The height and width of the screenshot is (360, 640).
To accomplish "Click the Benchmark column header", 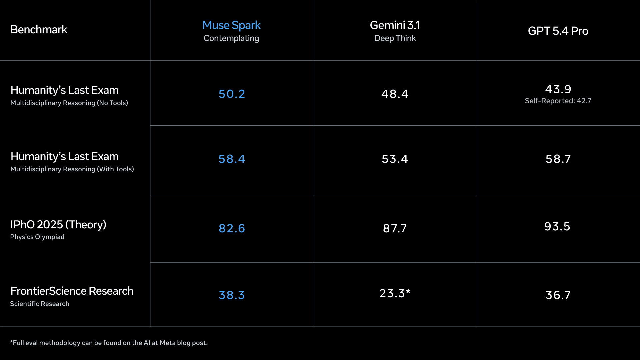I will pos(39,30).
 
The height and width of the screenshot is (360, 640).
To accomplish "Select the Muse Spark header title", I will pos(231,25).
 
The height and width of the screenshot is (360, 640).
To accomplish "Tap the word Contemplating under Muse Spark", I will pos(231,38).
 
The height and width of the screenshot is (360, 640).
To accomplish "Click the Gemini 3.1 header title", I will pos(395,25).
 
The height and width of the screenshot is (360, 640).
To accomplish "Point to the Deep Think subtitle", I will pos(395,38).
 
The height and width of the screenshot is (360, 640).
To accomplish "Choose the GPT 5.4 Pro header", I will pos(558,31).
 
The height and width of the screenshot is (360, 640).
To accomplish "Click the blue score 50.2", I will pos(232,94).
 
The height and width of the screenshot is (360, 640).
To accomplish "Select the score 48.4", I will pos(395,94).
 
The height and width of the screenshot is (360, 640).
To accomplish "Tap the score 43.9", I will pos(558,89).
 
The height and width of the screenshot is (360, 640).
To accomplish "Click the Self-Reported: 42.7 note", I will pos(558,101).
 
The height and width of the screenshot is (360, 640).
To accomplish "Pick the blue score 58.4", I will pos(232,159).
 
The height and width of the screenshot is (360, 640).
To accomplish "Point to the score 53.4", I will pos(395,159).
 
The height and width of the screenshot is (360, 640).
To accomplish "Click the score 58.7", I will pos(558,159).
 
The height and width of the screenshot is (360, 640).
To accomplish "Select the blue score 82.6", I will pos(232,228).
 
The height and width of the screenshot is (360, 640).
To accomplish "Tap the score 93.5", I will pos(557,227).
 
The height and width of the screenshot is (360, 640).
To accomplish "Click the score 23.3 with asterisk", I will pos(395,293).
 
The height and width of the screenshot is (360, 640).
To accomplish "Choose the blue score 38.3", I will pos(232,295).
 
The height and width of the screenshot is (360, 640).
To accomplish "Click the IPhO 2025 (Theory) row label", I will pos(58,225).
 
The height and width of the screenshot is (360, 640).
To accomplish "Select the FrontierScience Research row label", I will pos(72,291).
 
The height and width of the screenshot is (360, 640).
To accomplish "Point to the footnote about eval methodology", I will pos(109,343).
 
